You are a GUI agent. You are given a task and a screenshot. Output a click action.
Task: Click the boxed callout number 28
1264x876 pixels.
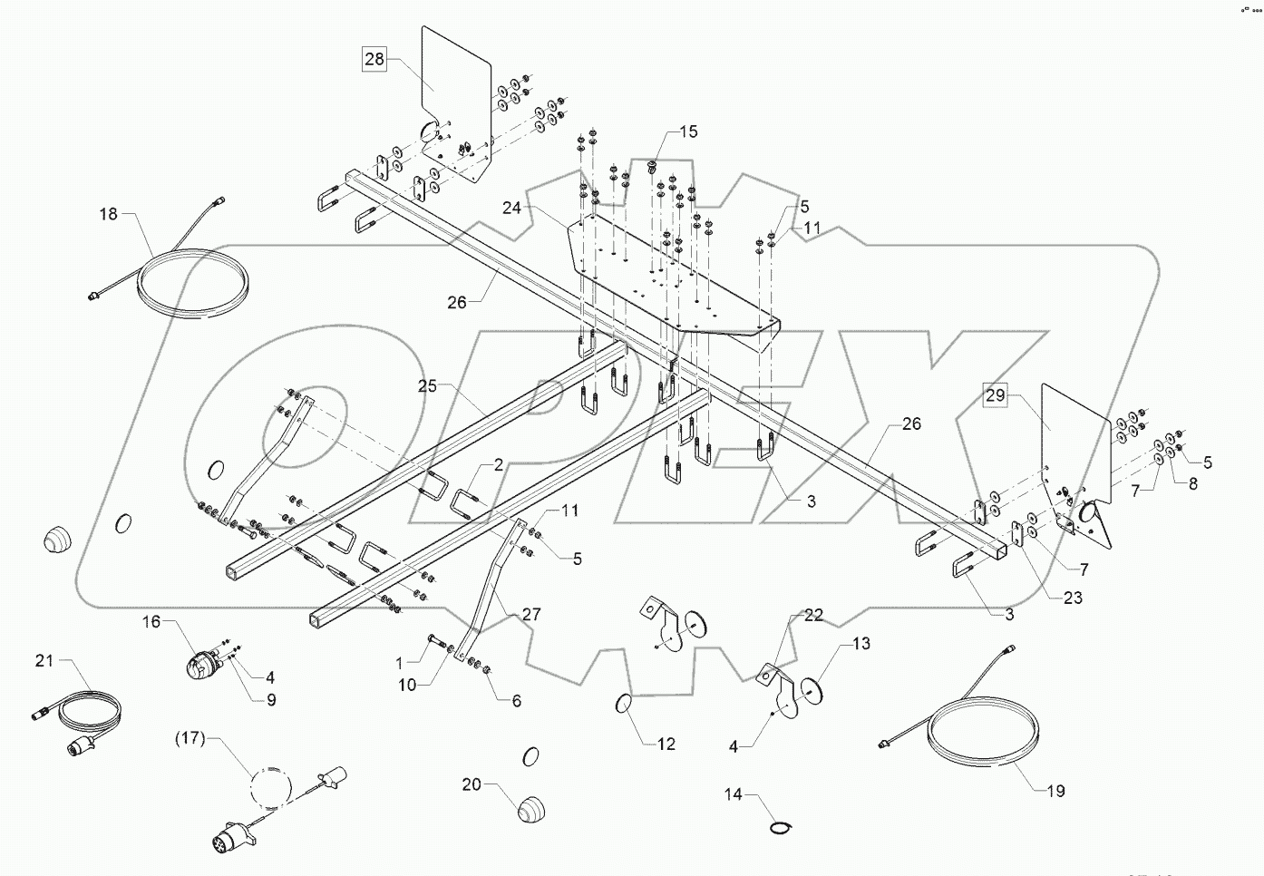(374, 60)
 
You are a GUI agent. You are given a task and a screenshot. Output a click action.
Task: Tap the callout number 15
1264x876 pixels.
(688, 131)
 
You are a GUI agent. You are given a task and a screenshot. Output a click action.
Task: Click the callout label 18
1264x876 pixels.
(109, 214)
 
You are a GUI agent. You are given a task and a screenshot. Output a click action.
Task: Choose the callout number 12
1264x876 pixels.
(666, 745)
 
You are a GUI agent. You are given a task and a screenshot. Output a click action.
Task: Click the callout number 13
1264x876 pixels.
(860, 644)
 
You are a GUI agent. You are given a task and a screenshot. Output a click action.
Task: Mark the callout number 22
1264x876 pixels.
(813, 615)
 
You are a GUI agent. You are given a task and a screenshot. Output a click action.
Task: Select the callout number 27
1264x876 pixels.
(532, 615)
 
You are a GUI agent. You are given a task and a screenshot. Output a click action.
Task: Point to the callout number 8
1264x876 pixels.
(1192, 484)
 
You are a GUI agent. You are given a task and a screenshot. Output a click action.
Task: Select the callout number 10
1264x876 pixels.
(407, 686)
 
